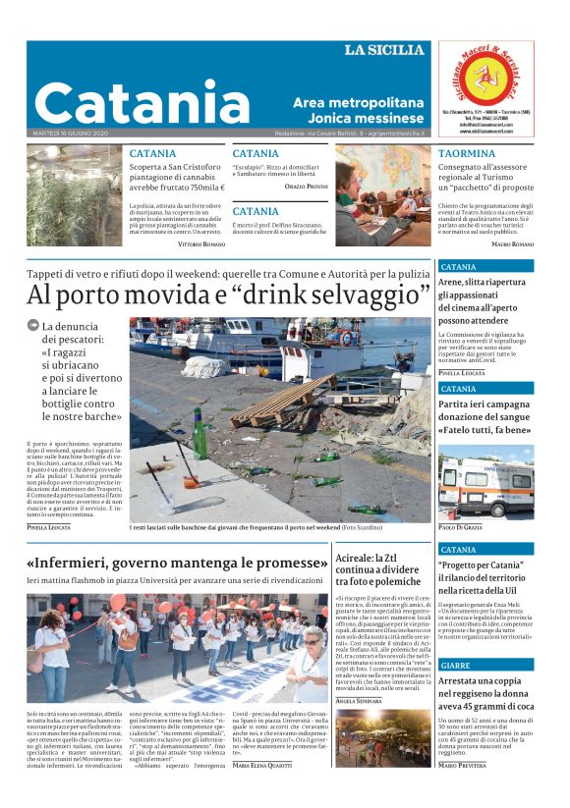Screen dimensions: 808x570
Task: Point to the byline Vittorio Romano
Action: tap(200, 243)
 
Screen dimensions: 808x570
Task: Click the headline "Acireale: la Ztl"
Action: tap(379, 557)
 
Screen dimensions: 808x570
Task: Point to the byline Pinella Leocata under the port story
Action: tap(48, 527)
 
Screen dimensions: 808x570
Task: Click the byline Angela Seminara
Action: tap(359, 700)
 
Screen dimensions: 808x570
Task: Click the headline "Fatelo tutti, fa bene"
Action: tap(484, 429)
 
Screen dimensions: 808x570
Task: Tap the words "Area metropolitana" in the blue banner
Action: tap(358, 102)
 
